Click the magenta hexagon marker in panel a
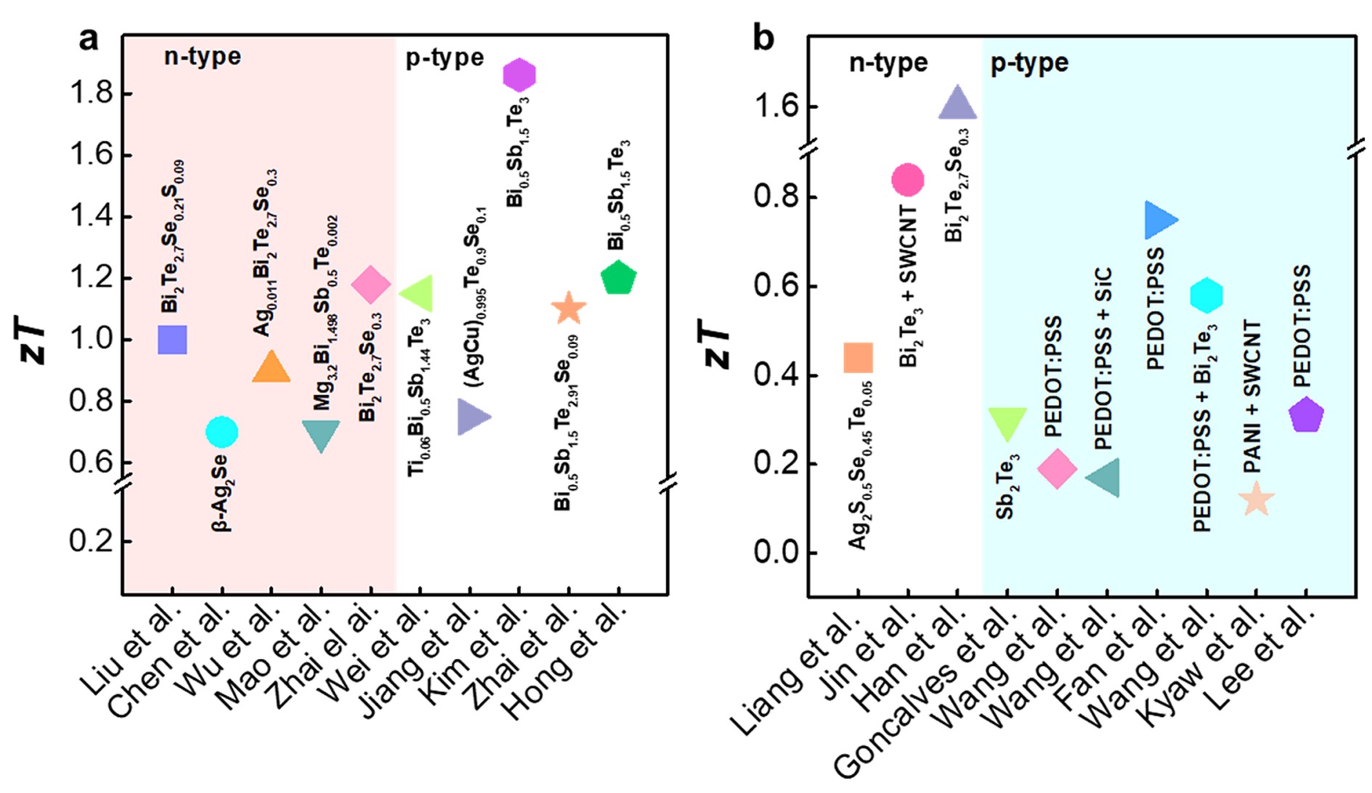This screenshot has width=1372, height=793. [518, 75]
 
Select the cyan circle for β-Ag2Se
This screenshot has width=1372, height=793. [221, 432]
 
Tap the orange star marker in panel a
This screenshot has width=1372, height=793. [568, 308]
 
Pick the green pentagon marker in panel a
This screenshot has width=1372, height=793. [618, 278]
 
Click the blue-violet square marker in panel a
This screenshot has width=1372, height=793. [172, 340]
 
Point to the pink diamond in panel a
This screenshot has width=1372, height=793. [370, 284]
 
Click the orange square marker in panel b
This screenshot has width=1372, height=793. [858, 358]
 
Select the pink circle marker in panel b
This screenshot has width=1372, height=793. [907, 179]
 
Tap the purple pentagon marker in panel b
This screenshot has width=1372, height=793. [1306, 415]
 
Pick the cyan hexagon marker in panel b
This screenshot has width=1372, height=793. [1206, 295]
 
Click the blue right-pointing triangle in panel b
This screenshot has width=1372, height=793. [1159, 220]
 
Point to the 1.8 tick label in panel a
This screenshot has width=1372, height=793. [91, 94]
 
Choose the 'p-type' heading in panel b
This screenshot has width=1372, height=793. [1029, 64]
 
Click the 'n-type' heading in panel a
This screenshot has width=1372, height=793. [202, 57]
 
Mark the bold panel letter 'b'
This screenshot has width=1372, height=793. [764, 38]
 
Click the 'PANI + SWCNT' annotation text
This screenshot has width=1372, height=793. [1252, 398]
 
